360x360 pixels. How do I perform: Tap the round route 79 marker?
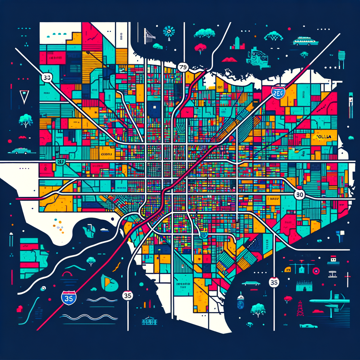[x=183, y=67]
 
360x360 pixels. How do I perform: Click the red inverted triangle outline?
[x=24, y=97]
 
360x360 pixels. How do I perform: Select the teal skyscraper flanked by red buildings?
[x=237, y=44]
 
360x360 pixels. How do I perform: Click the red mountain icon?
[x=230, y=59]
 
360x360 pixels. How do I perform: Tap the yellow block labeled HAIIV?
[x=272, y=198]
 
